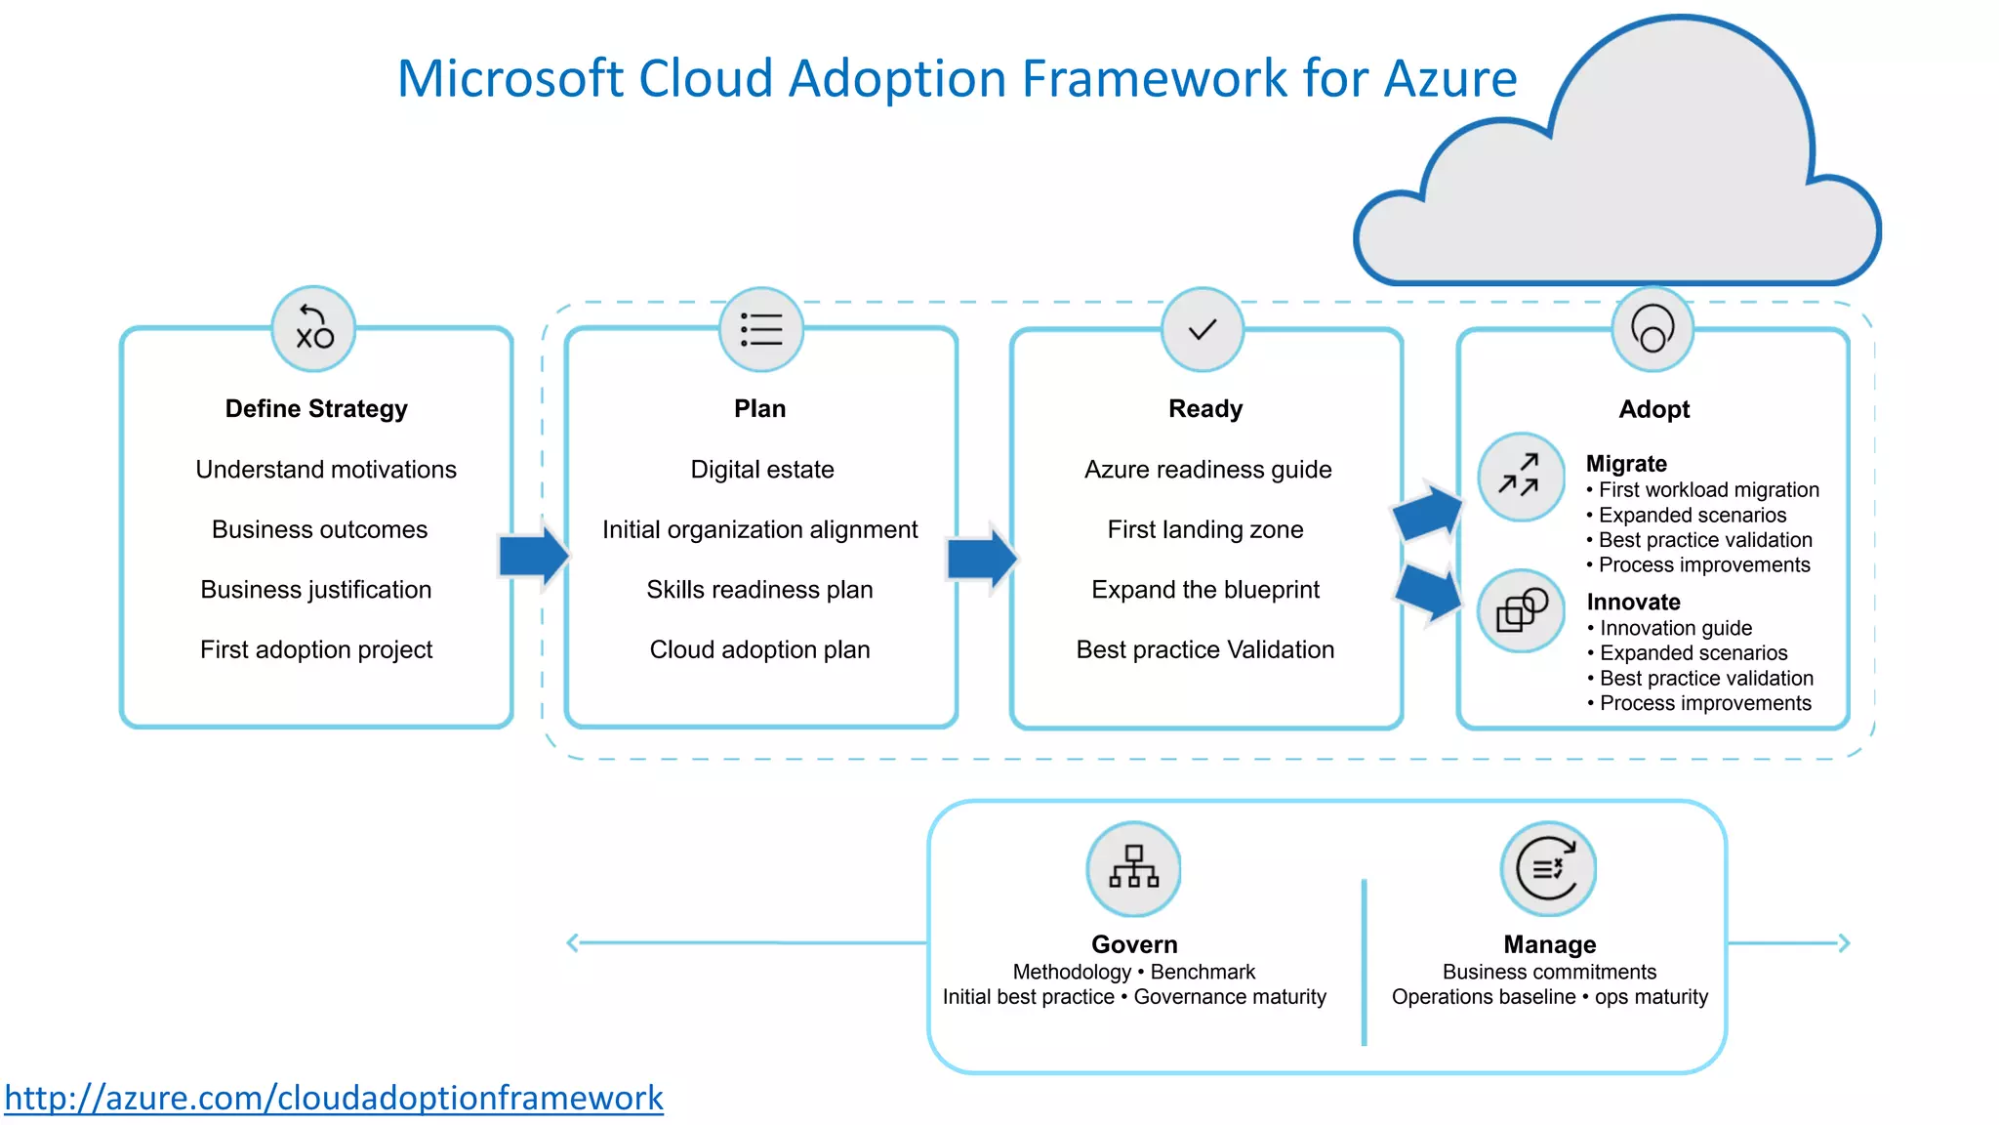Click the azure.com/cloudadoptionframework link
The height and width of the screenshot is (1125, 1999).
334,1098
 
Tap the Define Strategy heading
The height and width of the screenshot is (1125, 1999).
316,408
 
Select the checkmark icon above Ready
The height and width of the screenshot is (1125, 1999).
1203,330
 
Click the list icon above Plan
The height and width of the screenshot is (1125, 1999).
761,330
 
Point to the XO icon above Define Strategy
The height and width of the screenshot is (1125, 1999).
313,329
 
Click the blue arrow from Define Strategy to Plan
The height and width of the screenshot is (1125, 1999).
533,556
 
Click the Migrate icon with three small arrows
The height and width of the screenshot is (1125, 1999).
1520,477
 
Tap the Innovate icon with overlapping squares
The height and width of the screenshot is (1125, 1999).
1521,611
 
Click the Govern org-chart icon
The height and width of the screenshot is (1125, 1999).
1133,868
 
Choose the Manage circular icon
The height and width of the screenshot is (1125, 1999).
1548,868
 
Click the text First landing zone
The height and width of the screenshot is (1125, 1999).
1204,529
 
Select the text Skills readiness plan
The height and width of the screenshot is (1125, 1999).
759,590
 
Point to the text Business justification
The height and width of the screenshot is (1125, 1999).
315,590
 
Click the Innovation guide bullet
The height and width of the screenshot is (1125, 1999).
1675,628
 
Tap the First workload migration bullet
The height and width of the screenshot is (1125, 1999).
1708,489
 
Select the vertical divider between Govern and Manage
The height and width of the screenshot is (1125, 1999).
1364,962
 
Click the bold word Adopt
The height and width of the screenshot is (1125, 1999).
1653,409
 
